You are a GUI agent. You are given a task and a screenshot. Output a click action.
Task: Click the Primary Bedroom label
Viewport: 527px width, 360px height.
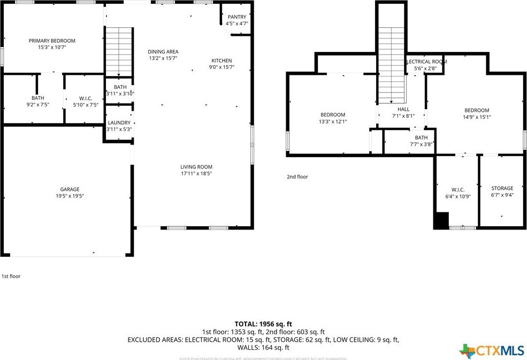click(52, 41)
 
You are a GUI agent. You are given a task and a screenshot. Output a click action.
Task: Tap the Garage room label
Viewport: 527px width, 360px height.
click(70, 189)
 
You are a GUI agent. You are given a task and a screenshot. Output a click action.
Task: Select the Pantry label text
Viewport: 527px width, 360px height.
click(236, 17)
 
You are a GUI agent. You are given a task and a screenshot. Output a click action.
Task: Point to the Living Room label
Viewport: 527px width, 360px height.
click(196, 167)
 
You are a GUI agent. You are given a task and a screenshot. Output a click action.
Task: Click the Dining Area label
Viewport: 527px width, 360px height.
click(163, 51)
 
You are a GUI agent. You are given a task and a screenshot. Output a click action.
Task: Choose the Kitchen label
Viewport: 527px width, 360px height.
click(222, 60)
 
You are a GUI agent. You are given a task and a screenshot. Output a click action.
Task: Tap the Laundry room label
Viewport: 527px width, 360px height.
click(119, 122)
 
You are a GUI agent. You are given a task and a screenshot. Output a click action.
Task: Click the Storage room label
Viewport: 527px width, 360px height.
click(502, 188)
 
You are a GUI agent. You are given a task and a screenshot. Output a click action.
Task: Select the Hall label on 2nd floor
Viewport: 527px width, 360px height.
click(403, 109)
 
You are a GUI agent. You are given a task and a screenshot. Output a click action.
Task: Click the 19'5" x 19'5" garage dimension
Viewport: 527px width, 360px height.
click(70, 196)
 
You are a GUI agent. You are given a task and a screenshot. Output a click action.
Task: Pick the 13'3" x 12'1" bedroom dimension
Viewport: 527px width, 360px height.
click(333, 121)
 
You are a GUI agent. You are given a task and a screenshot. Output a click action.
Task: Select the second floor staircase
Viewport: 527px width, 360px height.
click(392, 64)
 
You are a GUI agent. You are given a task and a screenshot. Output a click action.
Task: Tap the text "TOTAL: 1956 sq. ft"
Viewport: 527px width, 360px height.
click(263, 324)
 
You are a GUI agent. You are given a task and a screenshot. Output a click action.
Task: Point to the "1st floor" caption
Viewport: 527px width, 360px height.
click(11, 277)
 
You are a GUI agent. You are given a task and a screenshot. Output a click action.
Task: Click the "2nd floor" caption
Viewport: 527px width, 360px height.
click(297, 177)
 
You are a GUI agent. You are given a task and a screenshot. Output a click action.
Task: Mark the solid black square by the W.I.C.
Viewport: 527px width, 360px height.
click(441, 221)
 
